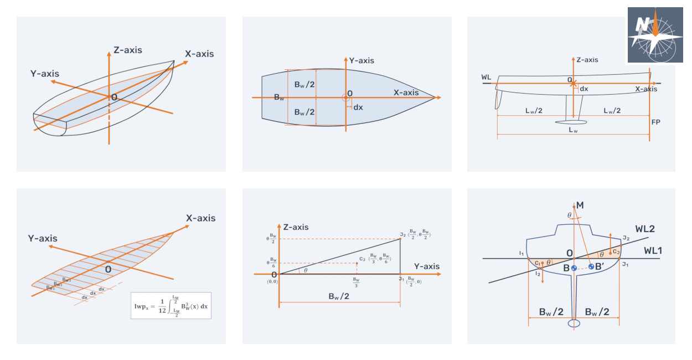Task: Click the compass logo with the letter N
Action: click(x=655, y=34)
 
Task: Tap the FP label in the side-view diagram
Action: click(x=657, y=122)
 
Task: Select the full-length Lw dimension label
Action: click(x=572, y=130)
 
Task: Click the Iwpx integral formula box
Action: click(x=171, y=305)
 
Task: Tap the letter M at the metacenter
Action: click(x=580, y=205)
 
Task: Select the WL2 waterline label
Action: click(x=645, y=229)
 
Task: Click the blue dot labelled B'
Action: click(x=592, y=267)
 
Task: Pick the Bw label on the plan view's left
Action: click(x=280, y=97)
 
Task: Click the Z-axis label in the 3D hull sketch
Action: click(x=127, y=50)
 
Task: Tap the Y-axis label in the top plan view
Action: click(x=362, y=60)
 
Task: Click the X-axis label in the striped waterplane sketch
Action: click(x=200, y=218)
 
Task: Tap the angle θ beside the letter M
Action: click(x=569, y=215)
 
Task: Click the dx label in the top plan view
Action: click(x=358, y=107)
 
